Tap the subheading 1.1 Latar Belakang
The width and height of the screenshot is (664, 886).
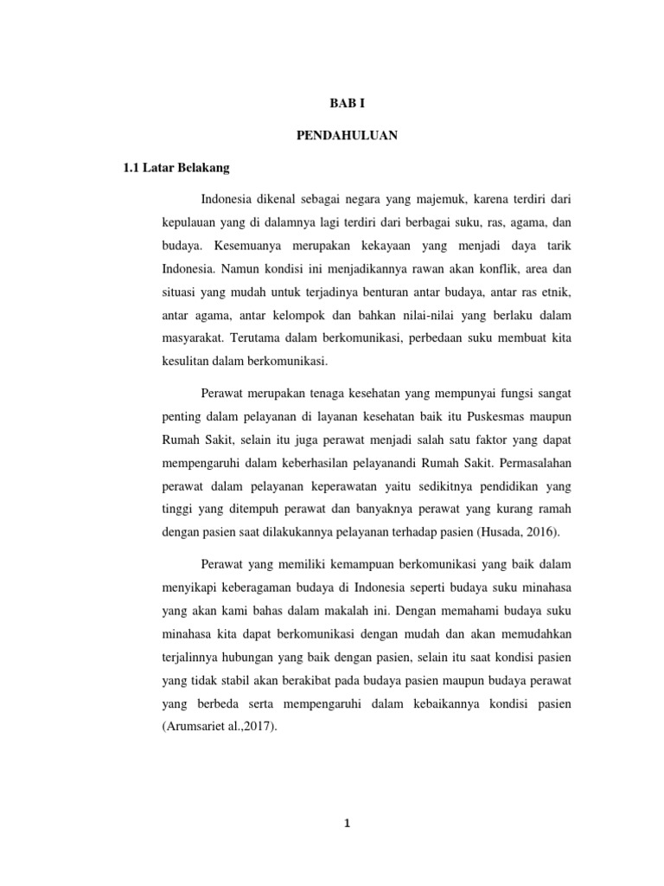(x=172, y=168)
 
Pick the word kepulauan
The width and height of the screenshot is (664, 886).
(x=188, y=223)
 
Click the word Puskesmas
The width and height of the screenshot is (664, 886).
(x=492, y=417)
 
